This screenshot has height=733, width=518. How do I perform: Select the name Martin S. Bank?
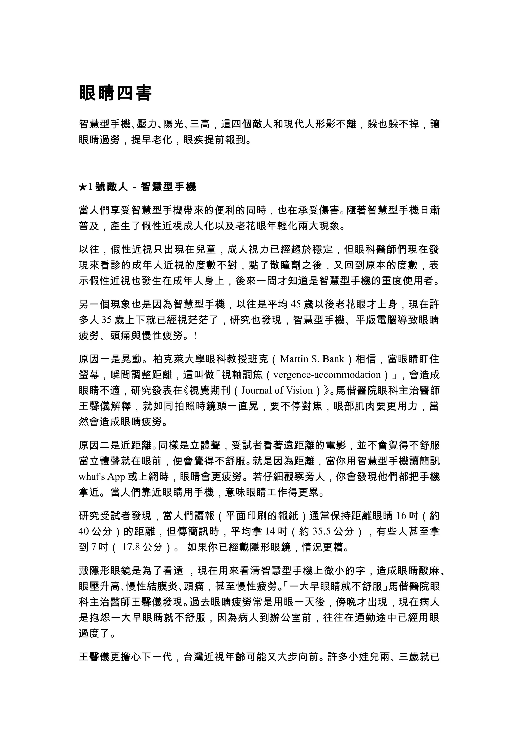(x=312, y=359)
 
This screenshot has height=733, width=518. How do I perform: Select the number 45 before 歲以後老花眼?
(x=296, y=305)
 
